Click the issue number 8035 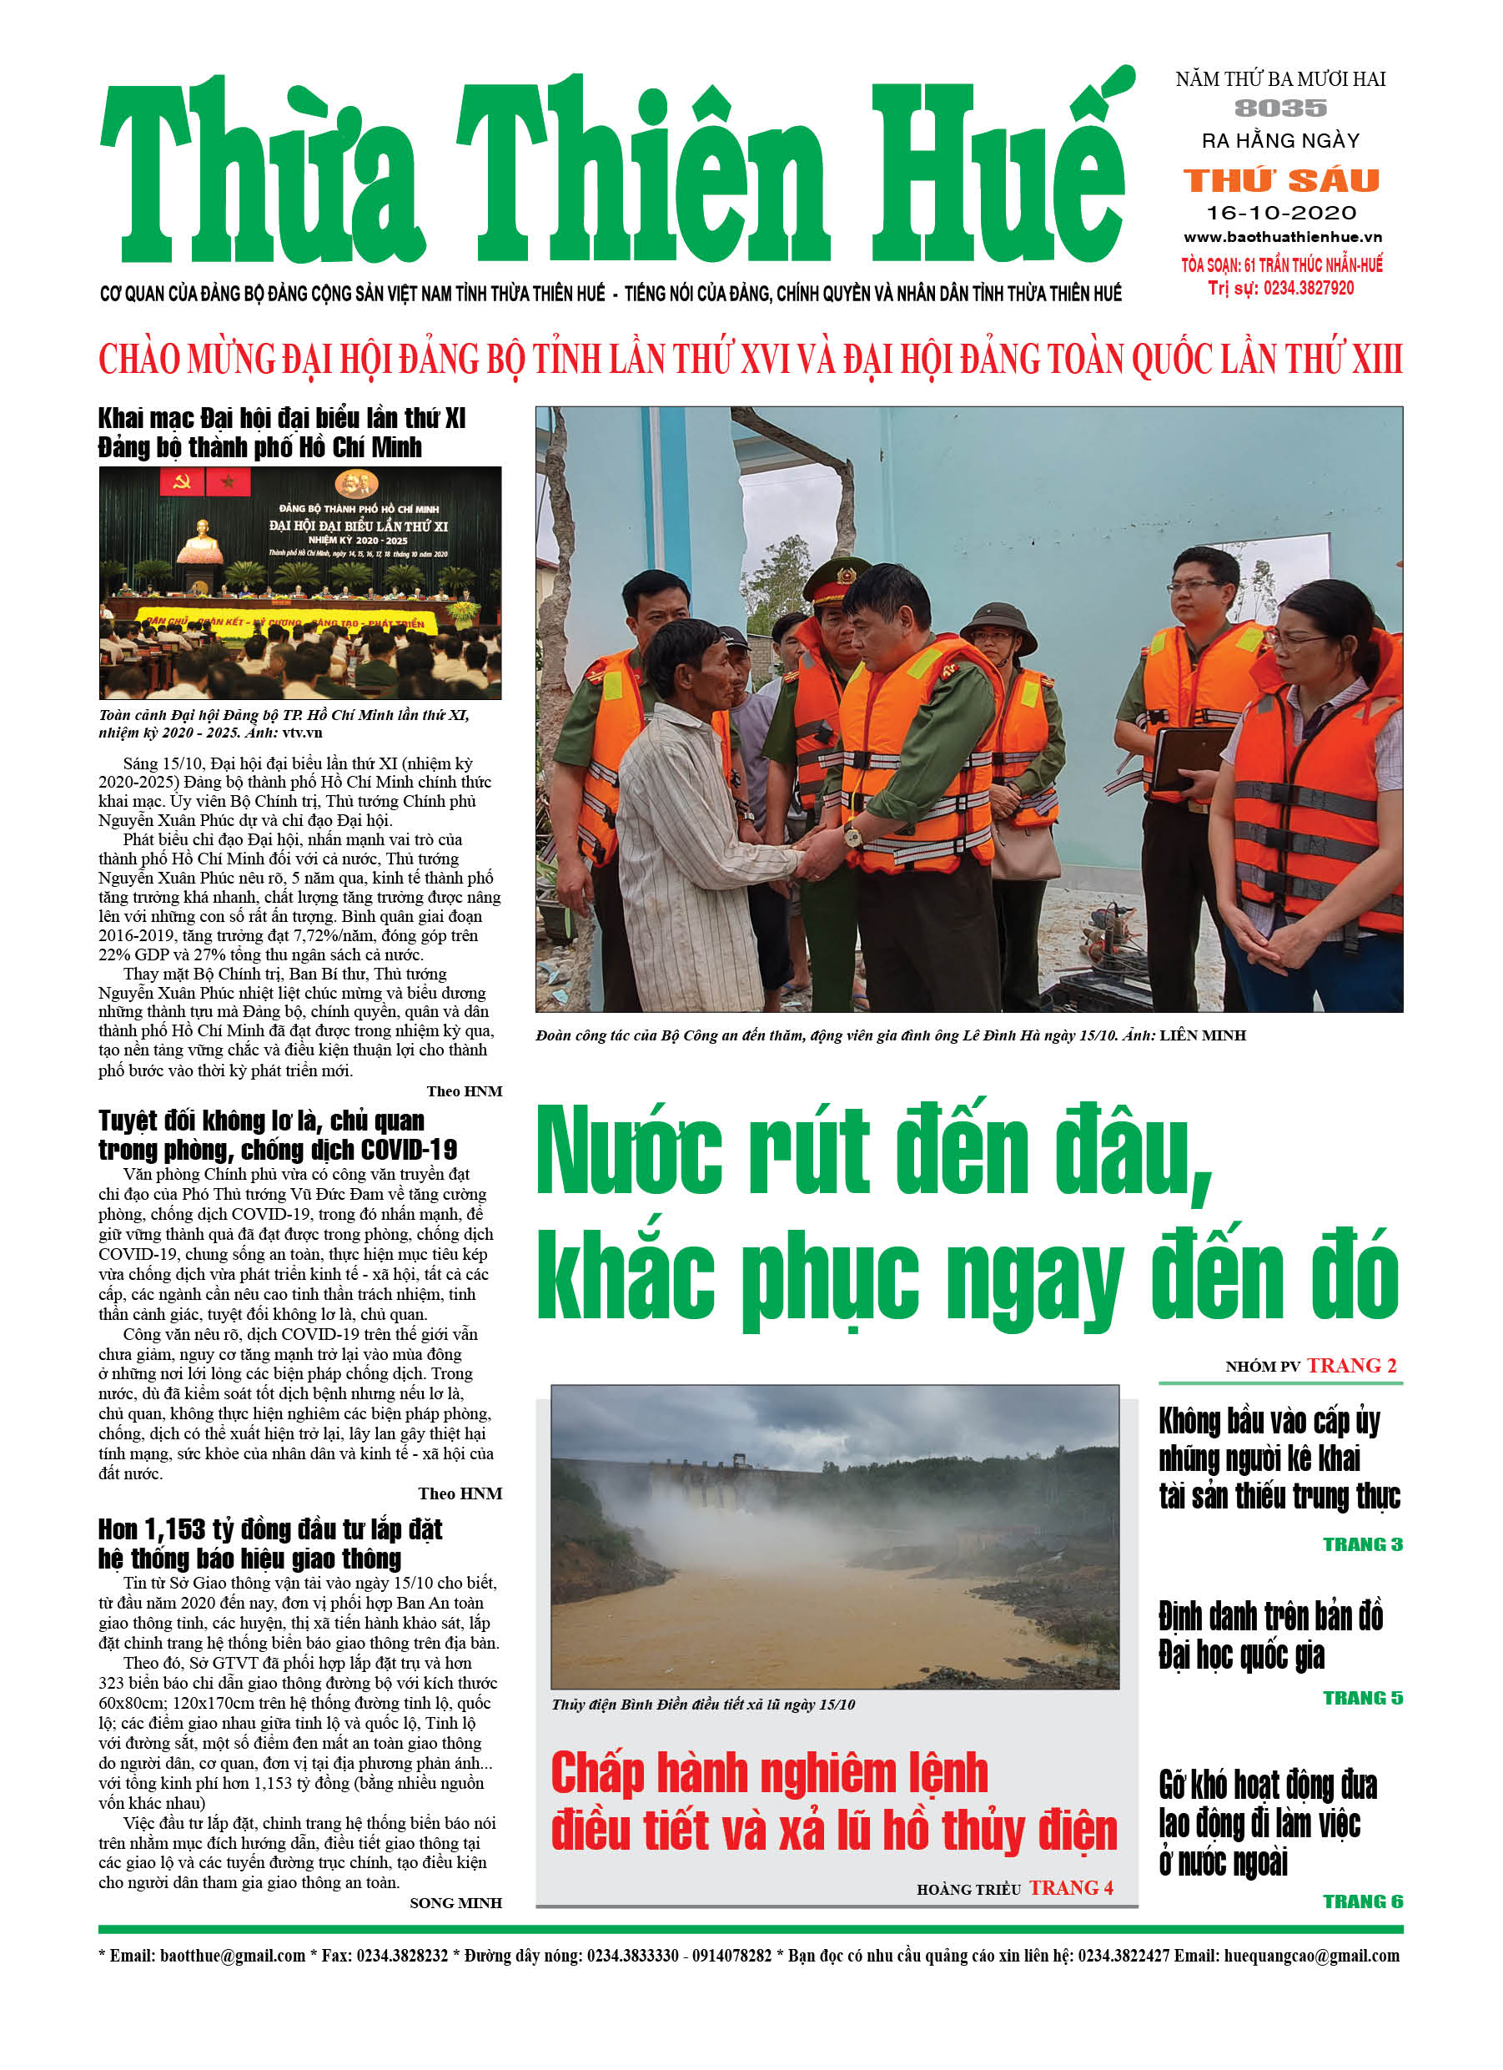point(1279,108)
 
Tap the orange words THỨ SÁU point(1280,180)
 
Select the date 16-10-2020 point(1280,213)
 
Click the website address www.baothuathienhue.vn point(1281,237)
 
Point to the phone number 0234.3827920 point(1307,289)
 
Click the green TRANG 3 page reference point(1361,1544)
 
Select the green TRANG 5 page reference point(1361,1698)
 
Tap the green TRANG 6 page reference point(1361,1901)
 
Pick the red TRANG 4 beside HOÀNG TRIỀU point(1070,1887)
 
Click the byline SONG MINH point(455,1903)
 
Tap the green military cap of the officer point(837,577)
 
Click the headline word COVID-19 point(409,1149)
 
